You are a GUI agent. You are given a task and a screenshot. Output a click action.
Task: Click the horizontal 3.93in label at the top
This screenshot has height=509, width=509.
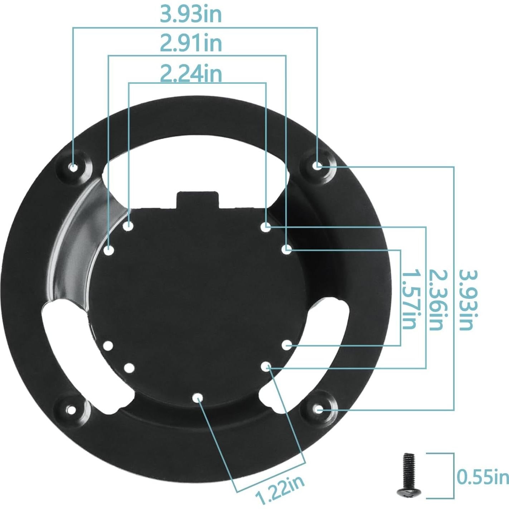[x=190, y=14]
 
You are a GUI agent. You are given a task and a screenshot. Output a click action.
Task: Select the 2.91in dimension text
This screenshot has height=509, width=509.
[x=190, y=43]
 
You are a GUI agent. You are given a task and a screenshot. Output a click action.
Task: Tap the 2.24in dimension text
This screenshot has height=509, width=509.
[x=190, y=73]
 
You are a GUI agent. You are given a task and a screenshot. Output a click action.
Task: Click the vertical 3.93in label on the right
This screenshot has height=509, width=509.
[x=467, y=300]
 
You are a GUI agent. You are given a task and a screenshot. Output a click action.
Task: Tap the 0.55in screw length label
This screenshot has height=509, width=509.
[x=483, y=477]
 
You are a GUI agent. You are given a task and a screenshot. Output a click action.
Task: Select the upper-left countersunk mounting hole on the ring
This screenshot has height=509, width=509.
[x=73, y=167]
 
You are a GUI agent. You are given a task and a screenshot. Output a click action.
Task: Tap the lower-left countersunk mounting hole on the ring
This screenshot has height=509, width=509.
[x=72, y=409]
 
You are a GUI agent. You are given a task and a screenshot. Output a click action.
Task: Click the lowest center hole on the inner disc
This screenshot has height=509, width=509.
[x=198, y=397]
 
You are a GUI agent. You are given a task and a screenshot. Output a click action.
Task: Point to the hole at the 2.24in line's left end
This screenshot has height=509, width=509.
[x=129, y=226]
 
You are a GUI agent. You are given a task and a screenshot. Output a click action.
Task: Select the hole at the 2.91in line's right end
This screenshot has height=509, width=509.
[x=286, y=249]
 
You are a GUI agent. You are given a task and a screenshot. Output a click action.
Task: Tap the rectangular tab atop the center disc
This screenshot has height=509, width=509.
[x=198, y=200]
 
